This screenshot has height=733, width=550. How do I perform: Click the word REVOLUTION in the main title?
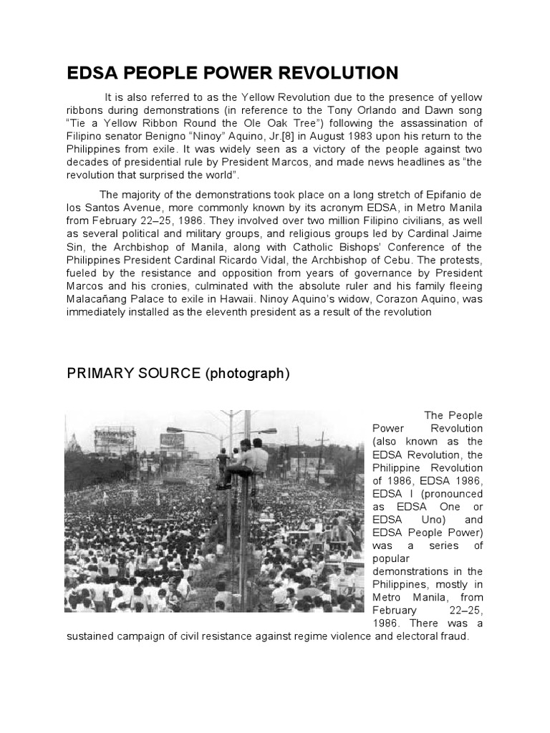pyautogui.click(x=329, y=73)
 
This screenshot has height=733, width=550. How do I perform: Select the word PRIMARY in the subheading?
pyautogui.click(x=101, y=374)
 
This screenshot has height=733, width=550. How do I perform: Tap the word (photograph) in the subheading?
pyautogui.click(x=248, y=374)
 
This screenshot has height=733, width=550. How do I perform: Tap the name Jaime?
pyautogui.click(x=465, y=234)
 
